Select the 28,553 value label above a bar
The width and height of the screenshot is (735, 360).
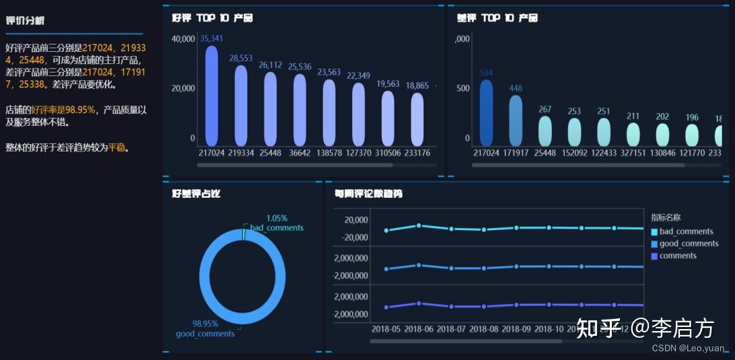coord(240,59)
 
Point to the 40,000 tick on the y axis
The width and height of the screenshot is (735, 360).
coord(183,39)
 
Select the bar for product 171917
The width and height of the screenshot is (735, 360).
coord(516,120)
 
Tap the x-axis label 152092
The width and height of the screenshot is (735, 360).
coord(574,153)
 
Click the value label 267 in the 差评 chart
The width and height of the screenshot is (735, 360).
coord(545,110)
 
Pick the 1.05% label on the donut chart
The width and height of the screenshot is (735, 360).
coord(277,218)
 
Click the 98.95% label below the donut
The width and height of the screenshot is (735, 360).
coord(205,324)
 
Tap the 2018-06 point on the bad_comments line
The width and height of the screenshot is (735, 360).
coord(419,225)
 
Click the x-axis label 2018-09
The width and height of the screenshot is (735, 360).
coord(516,329)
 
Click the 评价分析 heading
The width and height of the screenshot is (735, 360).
coord(25,21)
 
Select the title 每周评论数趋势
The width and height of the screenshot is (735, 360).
coord(368,194)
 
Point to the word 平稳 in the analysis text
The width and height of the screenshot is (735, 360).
coord(117,147)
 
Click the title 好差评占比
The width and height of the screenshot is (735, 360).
coord(196,194)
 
